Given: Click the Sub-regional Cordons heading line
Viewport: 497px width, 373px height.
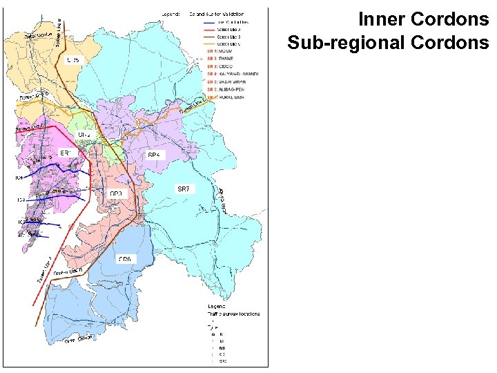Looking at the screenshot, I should pos(388,43).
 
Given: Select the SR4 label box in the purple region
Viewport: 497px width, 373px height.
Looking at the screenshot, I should pos(155,155).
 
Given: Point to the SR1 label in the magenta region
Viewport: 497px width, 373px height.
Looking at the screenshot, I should pos(67,153).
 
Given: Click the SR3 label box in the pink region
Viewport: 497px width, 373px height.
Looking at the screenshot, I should pos(117,193).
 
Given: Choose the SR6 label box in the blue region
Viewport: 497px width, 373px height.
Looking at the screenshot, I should pos(125,259).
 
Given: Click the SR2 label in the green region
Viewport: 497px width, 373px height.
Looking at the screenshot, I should pos(84,133).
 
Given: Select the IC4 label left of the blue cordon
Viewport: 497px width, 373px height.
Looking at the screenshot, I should pos(20,178).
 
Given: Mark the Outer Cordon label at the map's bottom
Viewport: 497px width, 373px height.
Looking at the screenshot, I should pos(79,339).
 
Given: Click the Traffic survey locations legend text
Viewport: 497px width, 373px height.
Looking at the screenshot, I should pos(235,313).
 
